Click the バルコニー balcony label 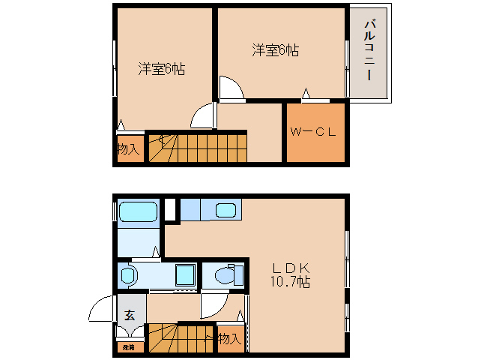point(369,52)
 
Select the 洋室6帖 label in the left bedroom point(160,69)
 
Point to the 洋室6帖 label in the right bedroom point(275,50)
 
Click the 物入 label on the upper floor point(128,148)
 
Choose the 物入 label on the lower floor point(229,339)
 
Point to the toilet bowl point(224,276)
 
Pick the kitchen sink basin point(225,210)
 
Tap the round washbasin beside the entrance point(127,275)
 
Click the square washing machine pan point(184,276)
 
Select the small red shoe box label point(129,346)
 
